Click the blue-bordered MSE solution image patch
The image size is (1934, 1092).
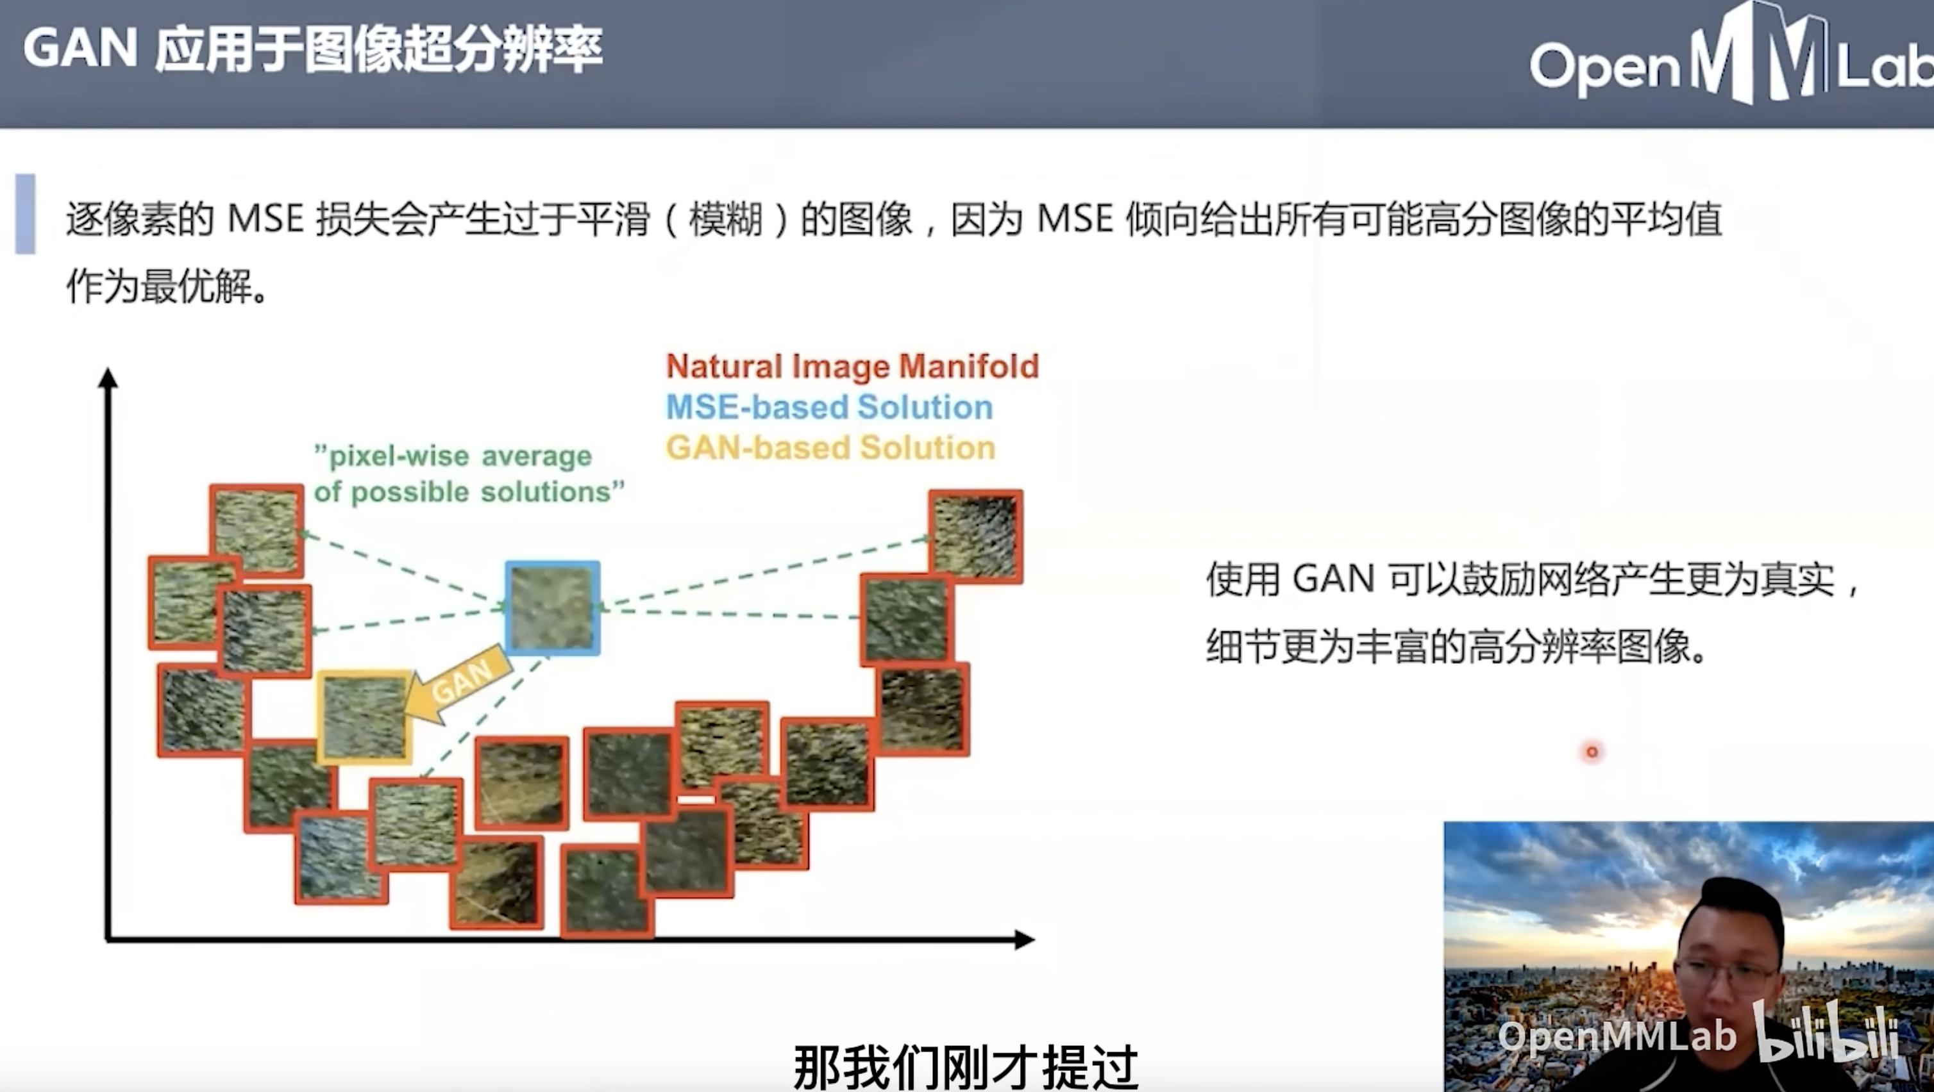(553, 608)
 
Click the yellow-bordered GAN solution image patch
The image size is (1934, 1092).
(365, 716)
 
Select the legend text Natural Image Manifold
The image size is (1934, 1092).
(853, 367)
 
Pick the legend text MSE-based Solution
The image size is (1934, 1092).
(830, 407)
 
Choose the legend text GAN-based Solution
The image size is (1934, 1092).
(830, 447)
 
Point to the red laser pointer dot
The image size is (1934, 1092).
(1592, 751)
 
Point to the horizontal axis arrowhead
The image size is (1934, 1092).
(1025, 939)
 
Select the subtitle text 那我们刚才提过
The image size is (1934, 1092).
(966, 1066)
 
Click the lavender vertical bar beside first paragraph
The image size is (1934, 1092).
(26, 214)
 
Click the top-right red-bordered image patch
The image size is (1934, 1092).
(976, 536)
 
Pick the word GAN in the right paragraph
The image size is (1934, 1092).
(1333, 579)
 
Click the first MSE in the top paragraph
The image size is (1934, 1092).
(265, 219)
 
